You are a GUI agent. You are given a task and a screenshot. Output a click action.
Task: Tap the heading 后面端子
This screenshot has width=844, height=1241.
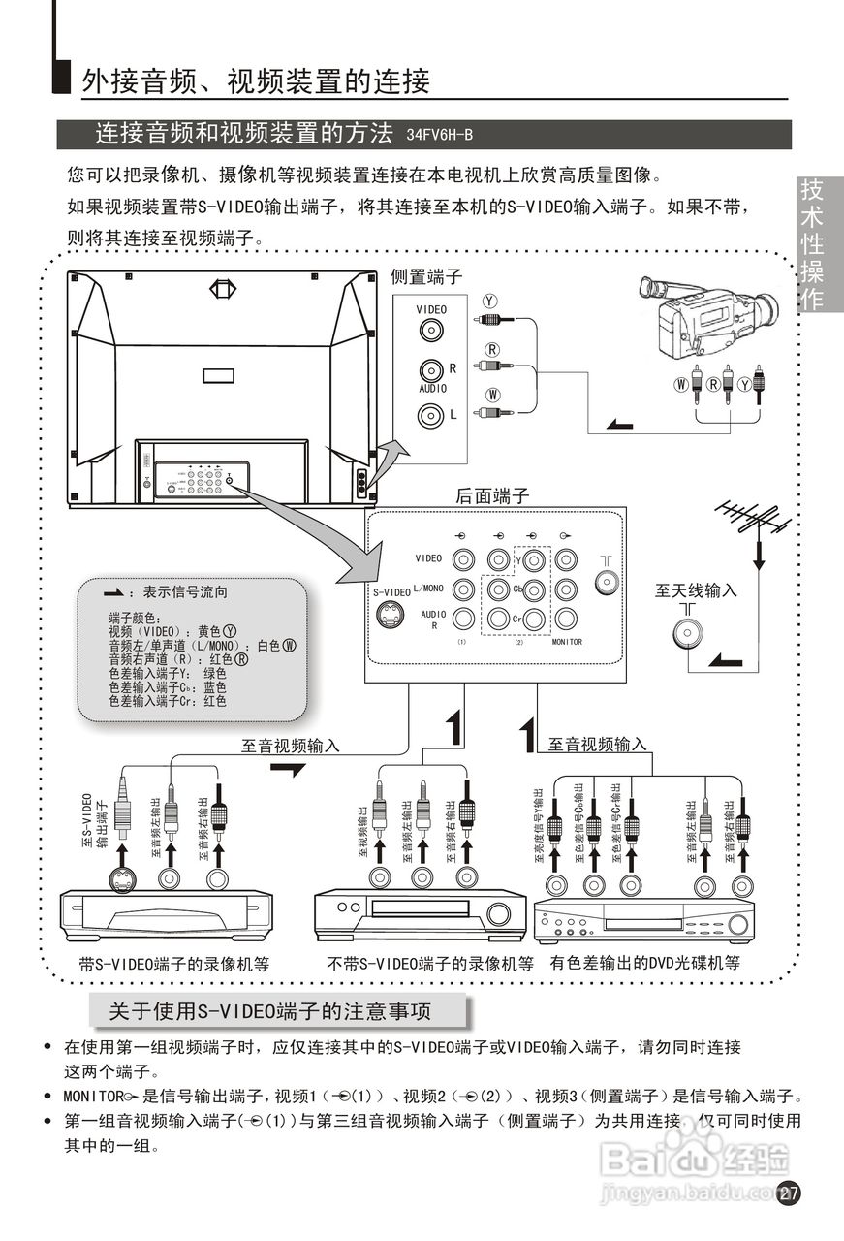492,495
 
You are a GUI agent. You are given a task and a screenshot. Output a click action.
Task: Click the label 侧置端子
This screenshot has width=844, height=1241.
426,277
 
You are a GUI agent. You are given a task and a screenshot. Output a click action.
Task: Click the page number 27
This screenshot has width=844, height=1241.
789,1193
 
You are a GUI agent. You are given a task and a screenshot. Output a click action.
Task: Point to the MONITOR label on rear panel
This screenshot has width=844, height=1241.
567,642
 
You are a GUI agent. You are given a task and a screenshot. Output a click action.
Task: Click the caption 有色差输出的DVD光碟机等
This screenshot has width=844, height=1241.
644,963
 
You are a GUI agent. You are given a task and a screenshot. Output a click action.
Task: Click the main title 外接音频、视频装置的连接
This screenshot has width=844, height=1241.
256,81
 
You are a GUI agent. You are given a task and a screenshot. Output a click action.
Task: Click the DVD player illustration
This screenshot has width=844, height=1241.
643,919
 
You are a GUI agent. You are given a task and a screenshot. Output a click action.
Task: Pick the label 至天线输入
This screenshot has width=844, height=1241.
696,589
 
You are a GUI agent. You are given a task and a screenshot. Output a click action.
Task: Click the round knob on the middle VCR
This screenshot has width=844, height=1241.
499,913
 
